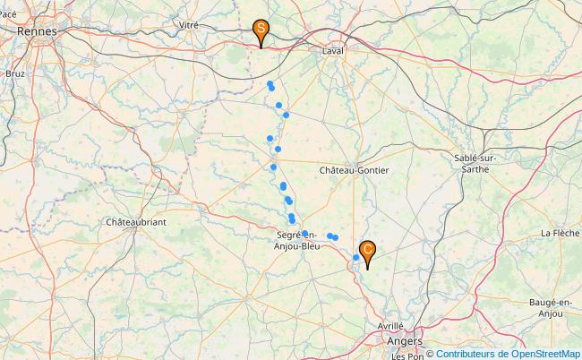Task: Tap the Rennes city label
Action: [37, 30]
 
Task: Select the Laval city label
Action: [333, 51]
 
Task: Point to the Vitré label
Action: [188, 25]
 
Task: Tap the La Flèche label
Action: [559, 233]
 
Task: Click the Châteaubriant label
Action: [136, 221]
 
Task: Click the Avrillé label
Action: [389, 326]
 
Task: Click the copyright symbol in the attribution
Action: [429, 354]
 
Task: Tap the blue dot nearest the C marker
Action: [355, 258]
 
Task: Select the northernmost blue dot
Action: [270, 84]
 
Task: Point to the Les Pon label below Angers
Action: [407, 356]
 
